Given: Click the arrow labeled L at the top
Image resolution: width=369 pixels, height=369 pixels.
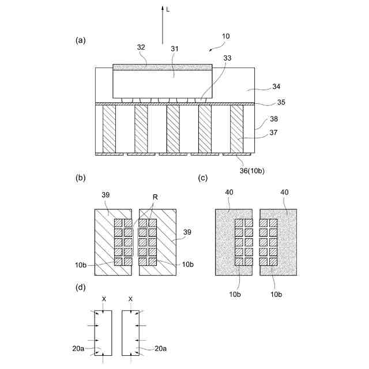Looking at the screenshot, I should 162,26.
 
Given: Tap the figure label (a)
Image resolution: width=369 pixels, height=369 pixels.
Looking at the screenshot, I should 81,40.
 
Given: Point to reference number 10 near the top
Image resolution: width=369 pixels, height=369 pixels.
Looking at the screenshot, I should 225,36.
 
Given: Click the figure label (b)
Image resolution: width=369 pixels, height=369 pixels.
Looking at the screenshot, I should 81,178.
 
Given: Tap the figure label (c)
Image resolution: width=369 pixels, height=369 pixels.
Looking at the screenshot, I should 202,178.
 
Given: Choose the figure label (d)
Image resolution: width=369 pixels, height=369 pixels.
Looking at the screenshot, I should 81,287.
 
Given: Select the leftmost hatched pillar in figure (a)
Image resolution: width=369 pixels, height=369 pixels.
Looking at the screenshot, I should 108,129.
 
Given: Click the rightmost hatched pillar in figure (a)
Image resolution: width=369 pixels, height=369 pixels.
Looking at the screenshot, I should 236,129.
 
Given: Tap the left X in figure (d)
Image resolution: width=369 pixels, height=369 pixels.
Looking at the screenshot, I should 104,299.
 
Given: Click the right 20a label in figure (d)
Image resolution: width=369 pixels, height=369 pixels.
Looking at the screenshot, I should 163,348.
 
